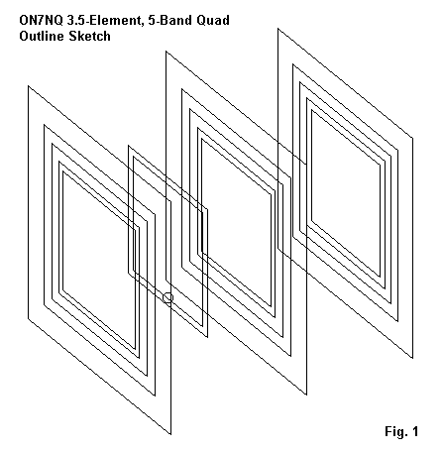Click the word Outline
[42, 36]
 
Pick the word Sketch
[89, 36]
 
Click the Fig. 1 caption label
[401, 431]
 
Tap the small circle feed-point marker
[168, 297]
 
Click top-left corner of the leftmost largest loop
[28, 86]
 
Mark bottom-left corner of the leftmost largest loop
[28, 319]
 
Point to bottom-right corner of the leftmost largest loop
[170, 434]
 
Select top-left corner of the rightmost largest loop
[277, 29]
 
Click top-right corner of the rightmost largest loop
[412, 137]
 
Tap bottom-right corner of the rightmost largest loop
[412, 358]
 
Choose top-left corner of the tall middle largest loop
[166, 52]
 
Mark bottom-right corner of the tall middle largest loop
[306, 395]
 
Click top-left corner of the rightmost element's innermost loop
[311, 110]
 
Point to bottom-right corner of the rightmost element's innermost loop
[380, 277]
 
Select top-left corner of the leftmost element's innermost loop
[62, 170]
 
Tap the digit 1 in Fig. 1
[414, 431]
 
